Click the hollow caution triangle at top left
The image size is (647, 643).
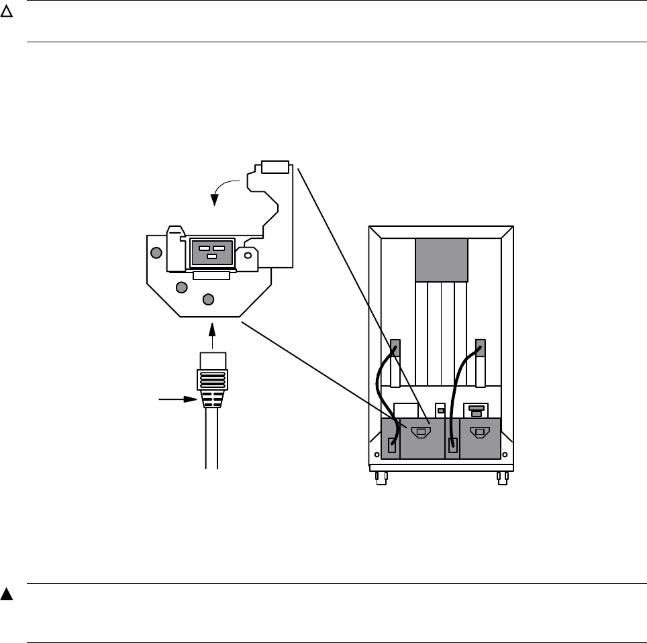(x=7, y=13)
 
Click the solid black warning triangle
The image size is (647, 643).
(x=7, y=595)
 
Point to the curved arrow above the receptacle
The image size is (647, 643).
(x=224, y=188)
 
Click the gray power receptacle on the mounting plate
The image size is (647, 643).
(x=212, y=252)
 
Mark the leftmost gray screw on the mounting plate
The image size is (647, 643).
(x=156, y=252)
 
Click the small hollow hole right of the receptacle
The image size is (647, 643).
(x=247, y=255)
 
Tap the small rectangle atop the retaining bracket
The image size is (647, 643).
(x=275, y=166)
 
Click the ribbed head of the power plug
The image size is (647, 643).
(x=213, y=387)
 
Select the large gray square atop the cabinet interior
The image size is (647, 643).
(x=441, y=260)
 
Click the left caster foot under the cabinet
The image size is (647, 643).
(x=381, y=477)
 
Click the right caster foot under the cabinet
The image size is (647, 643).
(x=501, y=477)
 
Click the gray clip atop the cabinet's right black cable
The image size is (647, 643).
(x=480, y=348)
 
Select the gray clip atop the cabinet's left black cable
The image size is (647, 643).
(x=396, y=348)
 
